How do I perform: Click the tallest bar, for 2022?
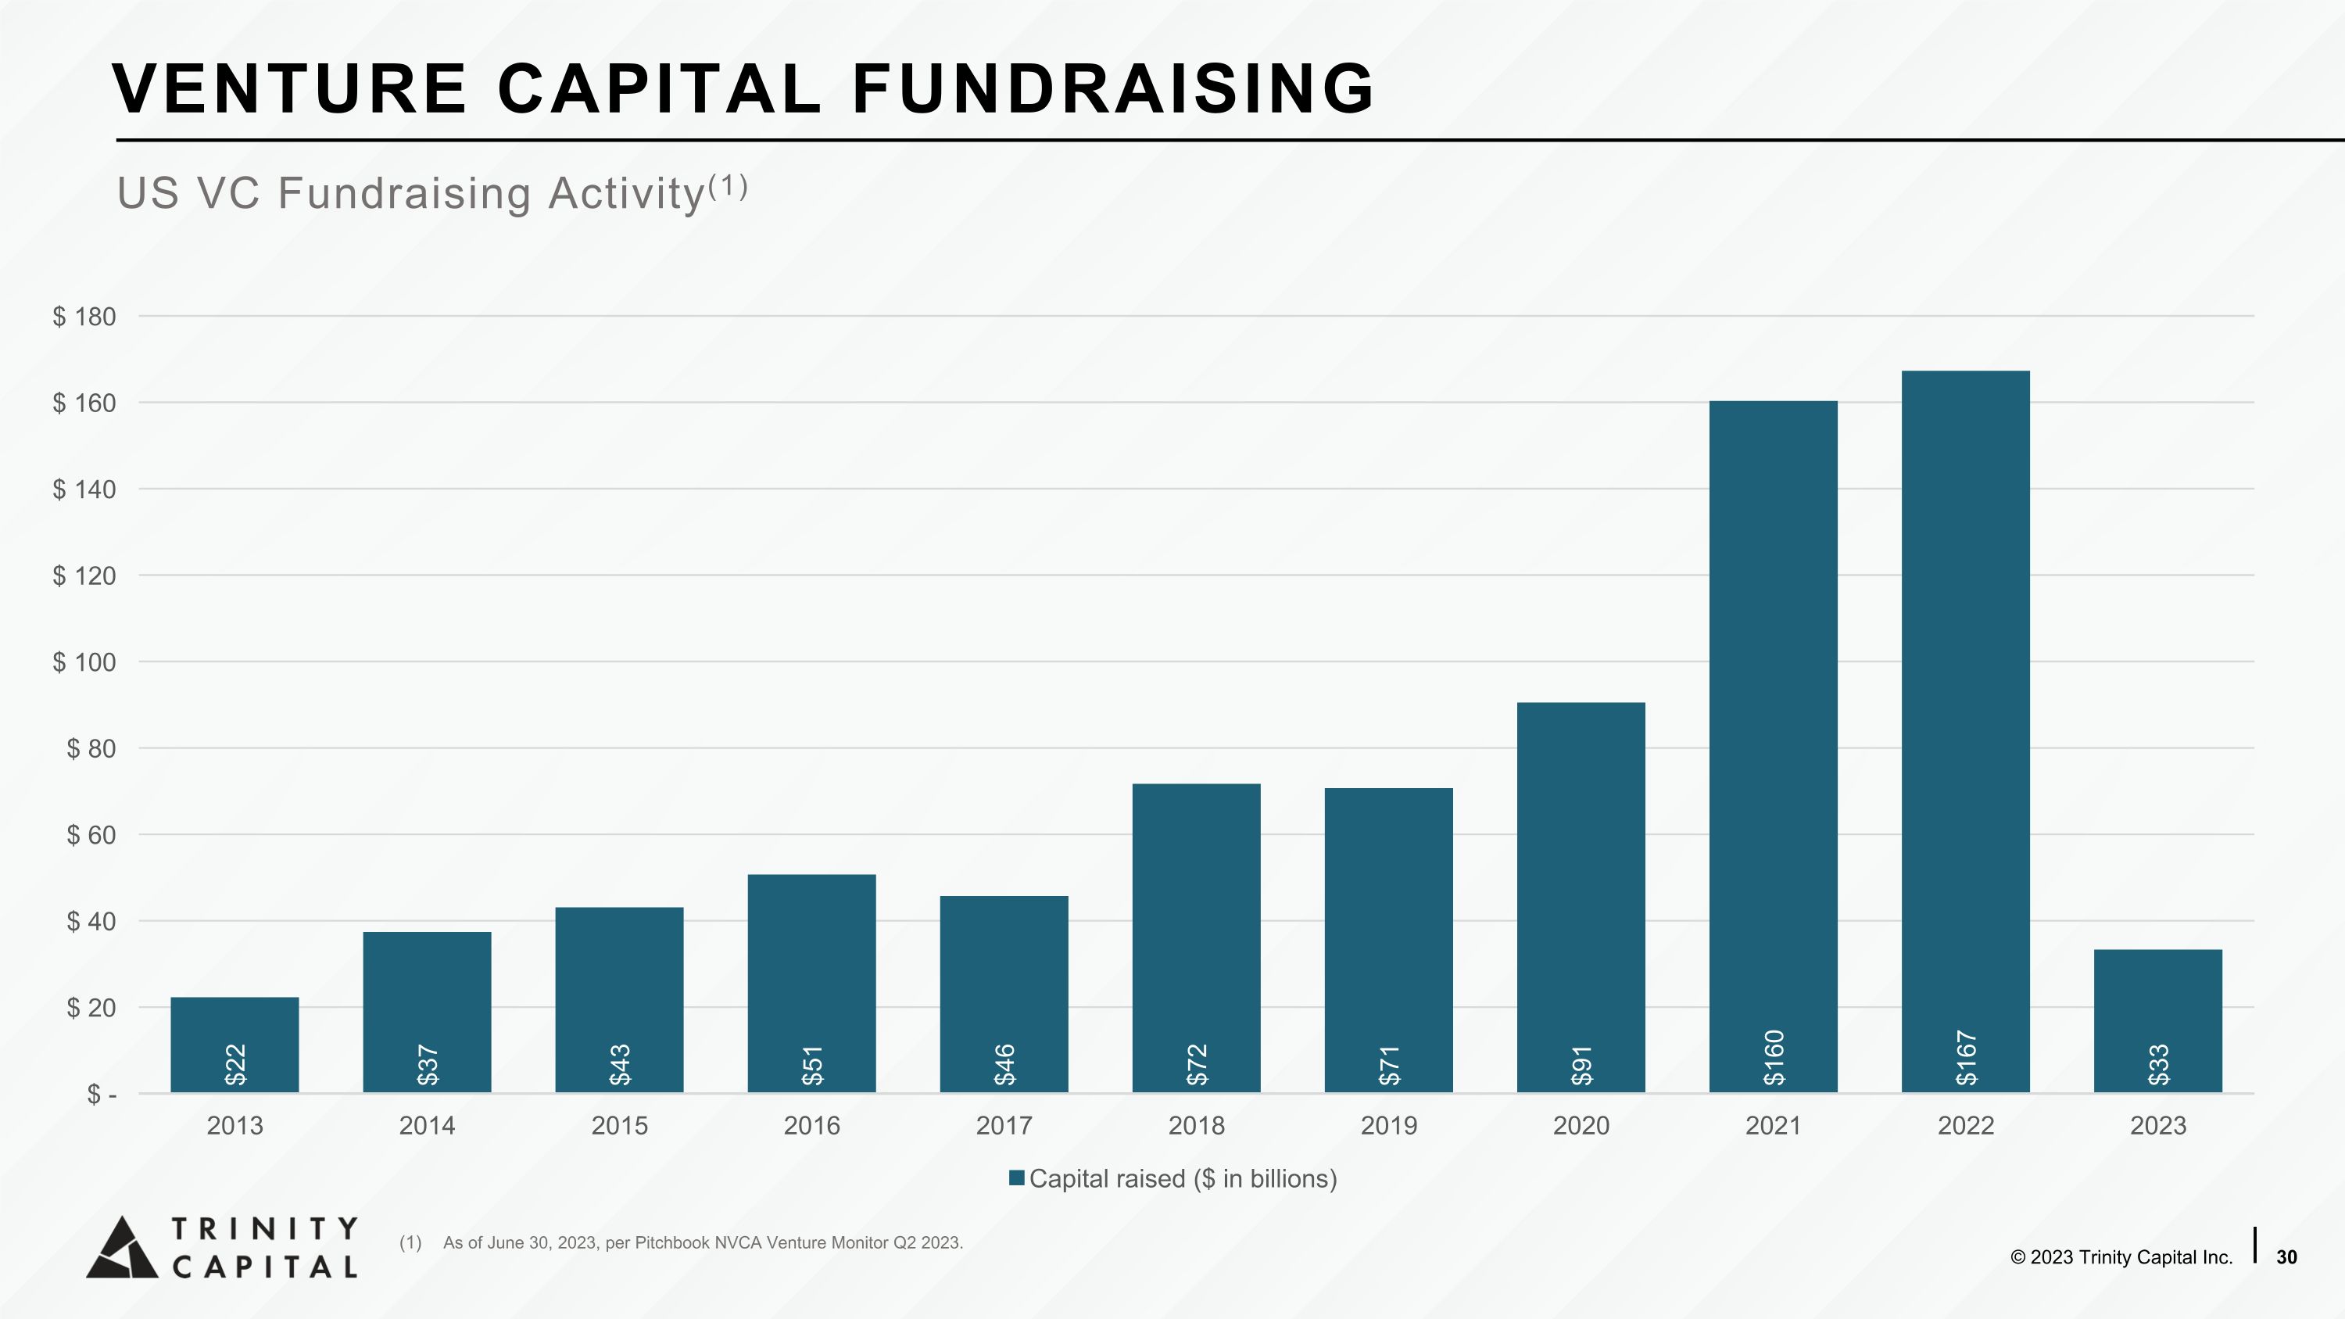[x=1965, y=731]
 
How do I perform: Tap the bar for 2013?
[x=234, y=1045]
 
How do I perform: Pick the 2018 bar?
[x=1196, y=937]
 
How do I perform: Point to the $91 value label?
[x=1581, y=1065]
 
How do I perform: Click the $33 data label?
[x=2158, y=1065]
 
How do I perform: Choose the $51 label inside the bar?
[x=812, y=1065]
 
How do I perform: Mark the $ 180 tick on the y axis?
[x=84, y=317]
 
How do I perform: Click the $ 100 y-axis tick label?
[x=84, y=661]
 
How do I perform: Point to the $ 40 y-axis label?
[x=91, y=921]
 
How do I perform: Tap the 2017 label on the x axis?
[x=1004, y=1126]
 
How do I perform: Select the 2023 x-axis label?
[x=2158, y=1126]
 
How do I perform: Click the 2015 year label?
[x=620, y=1126]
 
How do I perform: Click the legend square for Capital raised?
[x=1017, y=1178]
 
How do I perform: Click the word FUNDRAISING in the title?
[x=1112, y=88]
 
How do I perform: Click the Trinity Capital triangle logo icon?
[x=122, y=1247]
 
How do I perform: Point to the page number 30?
[x=2286, y=1257]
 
